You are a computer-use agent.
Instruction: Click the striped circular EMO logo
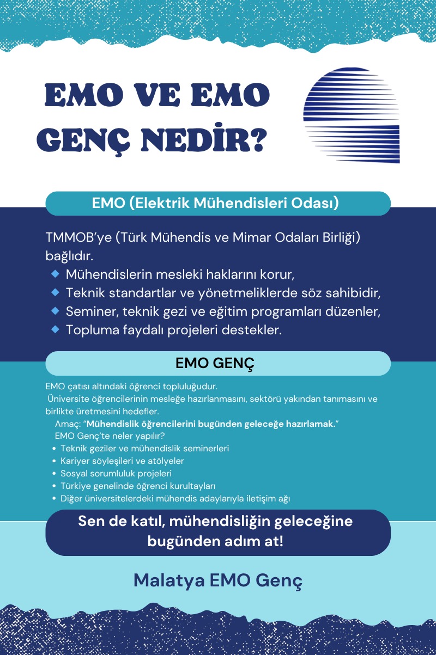click(352, 115)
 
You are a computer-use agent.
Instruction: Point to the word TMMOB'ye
click(76, 238)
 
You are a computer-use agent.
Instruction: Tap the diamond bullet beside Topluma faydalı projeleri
click(55, 329)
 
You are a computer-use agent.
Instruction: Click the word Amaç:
click(68, 424)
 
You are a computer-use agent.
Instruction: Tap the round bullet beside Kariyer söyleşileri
click(55, 461)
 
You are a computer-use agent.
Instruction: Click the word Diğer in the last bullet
click(71, 498)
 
